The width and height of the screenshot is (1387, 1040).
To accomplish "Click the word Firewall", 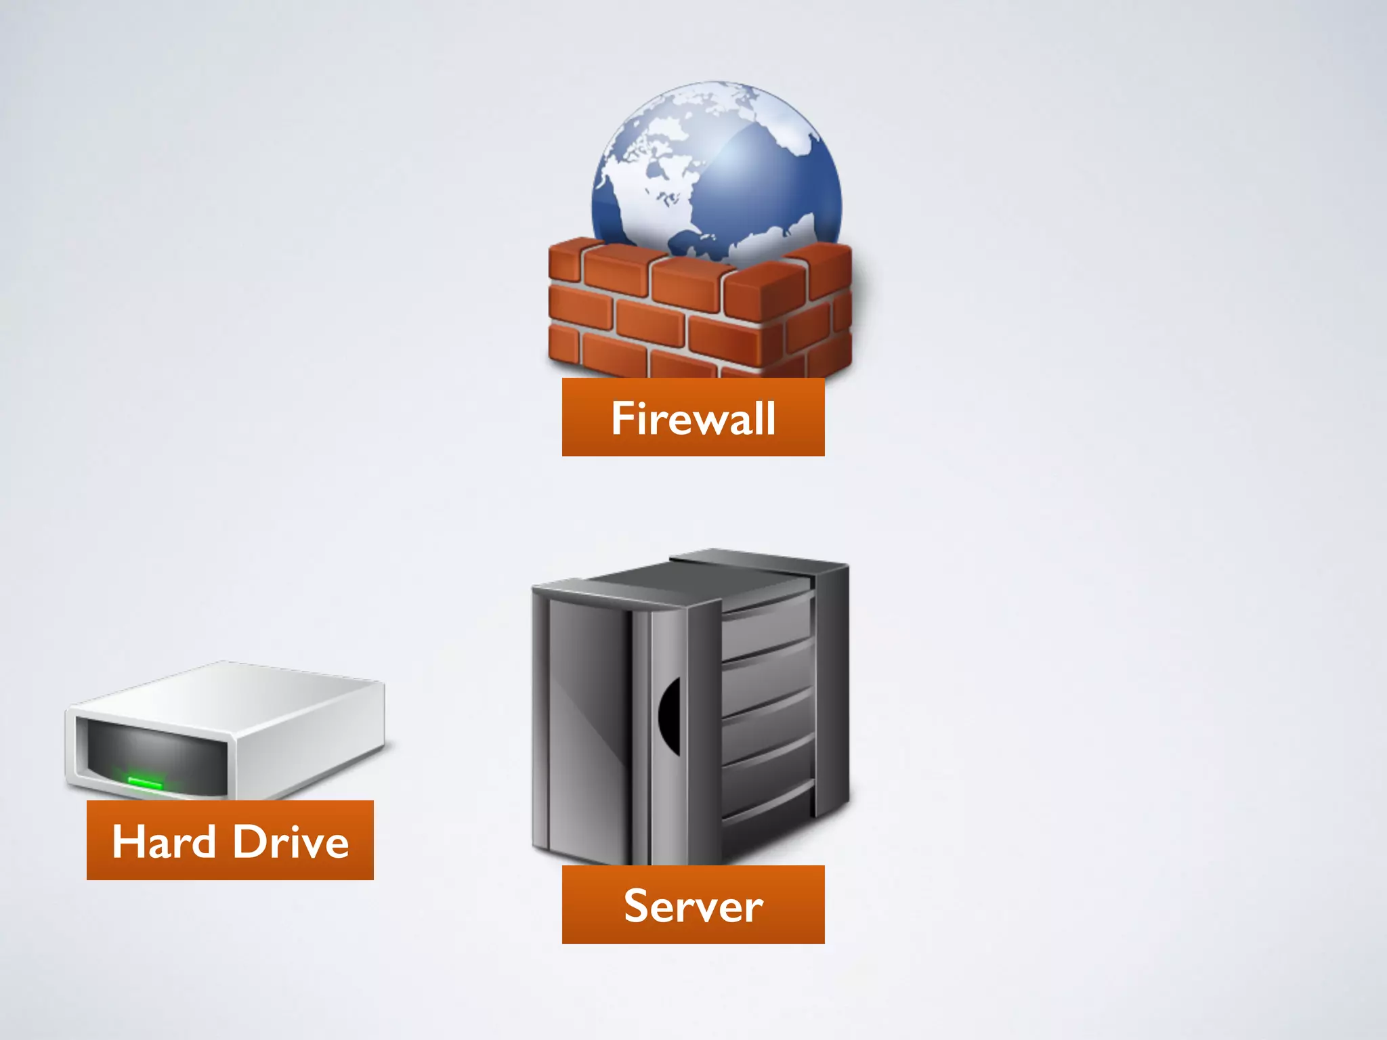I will click(693, 418).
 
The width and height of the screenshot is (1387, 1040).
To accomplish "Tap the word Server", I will click(693, 906).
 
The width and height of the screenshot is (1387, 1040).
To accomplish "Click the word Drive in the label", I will click(291, 842).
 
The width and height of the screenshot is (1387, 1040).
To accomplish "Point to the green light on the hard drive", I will click(145, 783).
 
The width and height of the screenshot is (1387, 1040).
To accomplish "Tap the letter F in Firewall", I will click(622, 418).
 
